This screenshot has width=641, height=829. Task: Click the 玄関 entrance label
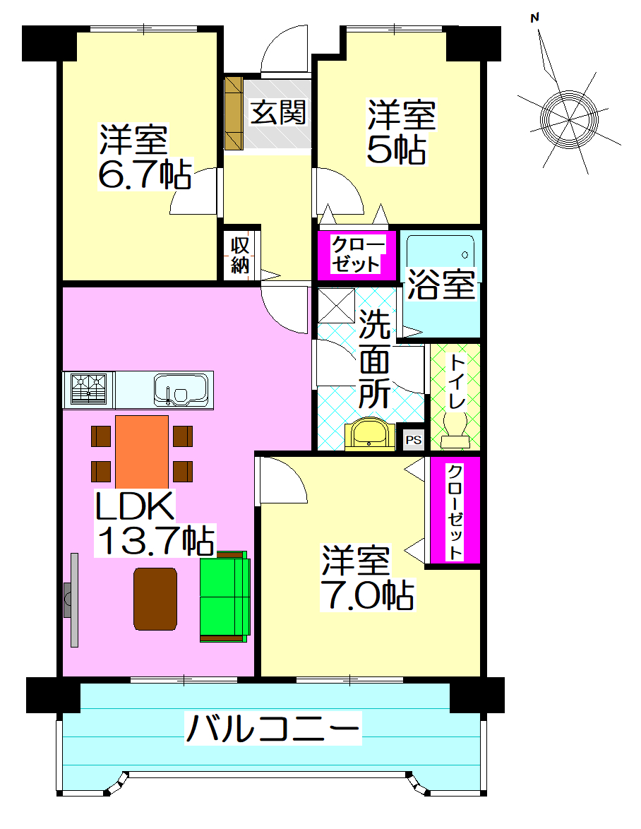coord(279,112)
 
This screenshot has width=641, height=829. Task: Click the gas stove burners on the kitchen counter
coord(89,389)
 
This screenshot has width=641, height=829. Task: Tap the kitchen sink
coord(181,390)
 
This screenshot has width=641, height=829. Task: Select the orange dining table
coord(142,452)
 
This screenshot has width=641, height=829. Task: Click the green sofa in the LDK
coord(224,597)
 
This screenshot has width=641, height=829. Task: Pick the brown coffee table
coord(155,598)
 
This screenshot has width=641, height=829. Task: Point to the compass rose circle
coord(568,117)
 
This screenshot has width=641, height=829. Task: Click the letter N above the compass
coord(536,18)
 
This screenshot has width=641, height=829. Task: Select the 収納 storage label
coord(240,256)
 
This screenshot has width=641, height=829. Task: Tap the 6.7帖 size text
coord(144,175)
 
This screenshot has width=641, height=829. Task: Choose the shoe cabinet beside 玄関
coord(234,112)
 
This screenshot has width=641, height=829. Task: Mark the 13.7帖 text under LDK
coord(156,541)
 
